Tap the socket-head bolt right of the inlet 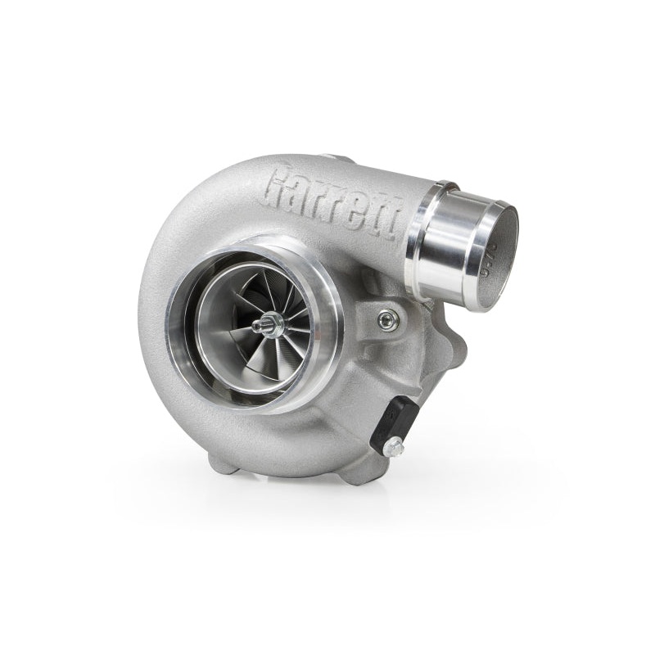[387, 320]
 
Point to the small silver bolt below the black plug [395, 447]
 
